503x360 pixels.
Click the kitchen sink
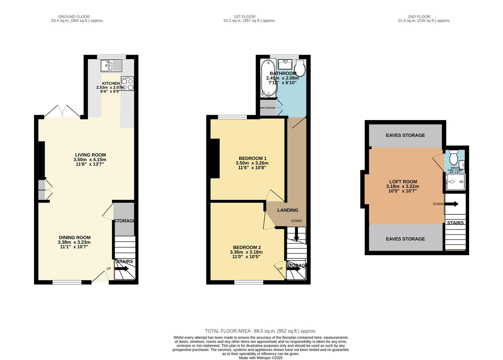(112, 66)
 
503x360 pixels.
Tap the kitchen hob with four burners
(127, 84)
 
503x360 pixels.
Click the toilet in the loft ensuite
(454, 156)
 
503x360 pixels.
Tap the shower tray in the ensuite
(455, 182)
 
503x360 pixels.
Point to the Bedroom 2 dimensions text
(246, 254)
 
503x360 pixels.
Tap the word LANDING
(288, 210)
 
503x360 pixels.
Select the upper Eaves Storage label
(405, 135)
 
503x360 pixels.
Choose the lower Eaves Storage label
(405, 239)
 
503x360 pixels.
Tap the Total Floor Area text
(261, 331)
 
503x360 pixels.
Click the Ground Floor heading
(74, 17)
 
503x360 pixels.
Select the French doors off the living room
(62, 112)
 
